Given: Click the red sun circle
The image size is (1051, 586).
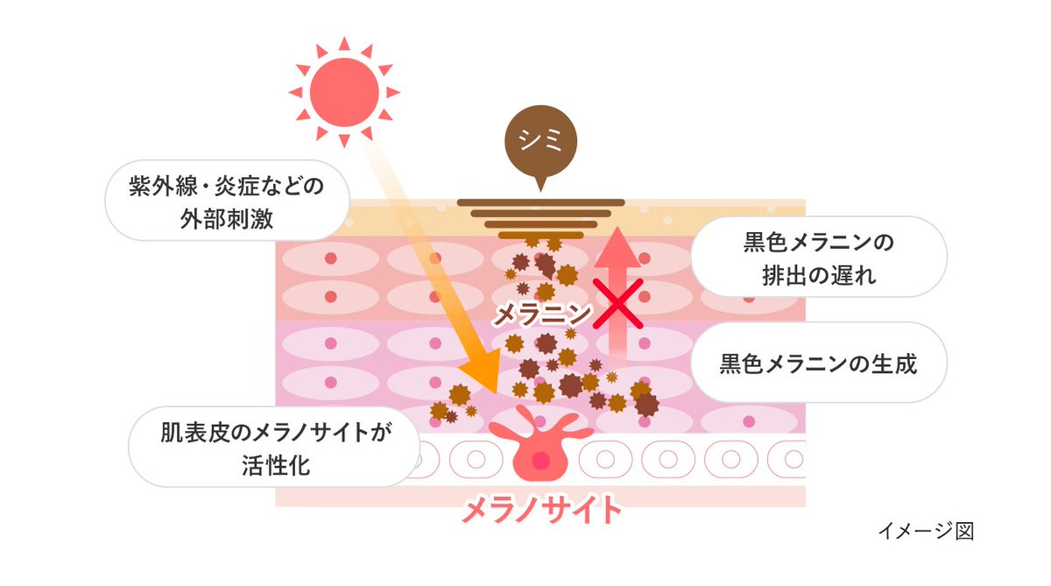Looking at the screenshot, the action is click(344, 91).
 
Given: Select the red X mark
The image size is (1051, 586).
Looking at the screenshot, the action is click(620, 304).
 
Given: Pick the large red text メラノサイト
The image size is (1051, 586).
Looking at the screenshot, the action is click(542, 509).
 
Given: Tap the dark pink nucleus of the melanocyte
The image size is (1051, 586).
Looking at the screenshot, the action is click(540, 460).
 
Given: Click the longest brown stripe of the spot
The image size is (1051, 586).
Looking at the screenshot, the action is click(540, 202).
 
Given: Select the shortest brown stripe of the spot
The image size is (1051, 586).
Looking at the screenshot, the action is click(540, 235).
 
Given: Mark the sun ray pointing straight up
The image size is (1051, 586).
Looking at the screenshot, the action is click(344, 43).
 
